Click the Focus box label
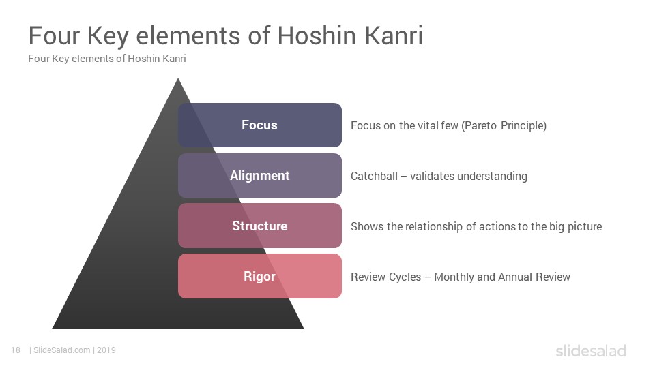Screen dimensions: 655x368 (259, 125)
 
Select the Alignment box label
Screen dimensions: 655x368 (259, 176)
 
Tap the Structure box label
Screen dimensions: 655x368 (259, 226)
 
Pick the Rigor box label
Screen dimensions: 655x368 (259, 277)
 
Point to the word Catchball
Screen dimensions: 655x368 (374, 176)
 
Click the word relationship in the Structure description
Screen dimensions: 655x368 (427, 226)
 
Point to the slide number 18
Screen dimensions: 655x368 (16, 350)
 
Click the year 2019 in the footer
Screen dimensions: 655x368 (106, 350)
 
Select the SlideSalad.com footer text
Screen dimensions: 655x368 (62, 350)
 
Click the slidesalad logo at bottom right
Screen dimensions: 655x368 (591, 351)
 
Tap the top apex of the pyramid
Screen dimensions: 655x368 (178, 78)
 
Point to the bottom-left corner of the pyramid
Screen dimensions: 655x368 (53, 328)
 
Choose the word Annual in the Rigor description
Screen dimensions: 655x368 (515, 277)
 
